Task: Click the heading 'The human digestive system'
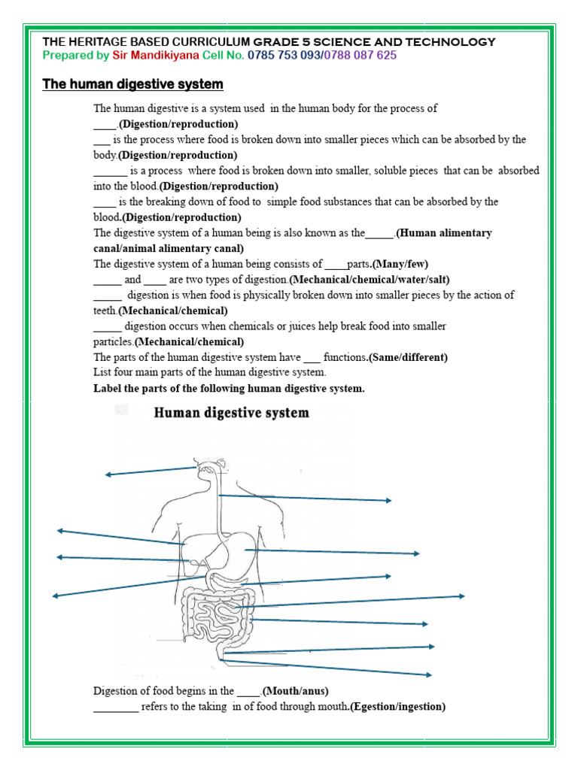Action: pos(132,84)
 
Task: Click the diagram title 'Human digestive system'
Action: pos(232,413)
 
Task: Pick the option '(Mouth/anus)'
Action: pos(296,691)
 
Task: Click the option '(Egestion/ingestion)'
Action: pos(397,707)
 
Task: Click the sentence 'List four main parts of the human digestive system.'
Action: pos(210,372)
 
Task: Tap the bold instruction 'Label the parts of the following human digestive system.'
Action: pos(229,388)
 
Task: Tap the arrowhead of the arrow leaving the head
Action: pos(108,474)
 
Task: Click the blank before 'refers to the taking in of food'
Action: pos(115,708)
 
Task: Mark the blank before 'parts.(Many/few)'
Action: pos(336,265)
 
